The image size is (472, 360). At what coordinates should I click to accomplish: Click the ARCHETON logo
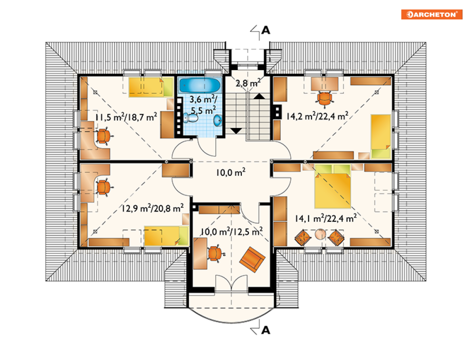click(432, 14)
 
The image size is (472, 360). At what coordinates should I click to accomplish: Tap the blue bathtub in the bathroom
click(200, 85)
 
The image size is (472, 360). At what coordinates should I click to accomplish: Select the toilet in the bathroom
click(191, 118)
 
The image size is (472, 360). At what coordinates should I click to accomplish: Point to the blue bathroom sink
click(218, 120)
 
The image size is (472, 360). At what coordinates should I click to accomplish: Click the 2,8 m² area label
click(248, 83)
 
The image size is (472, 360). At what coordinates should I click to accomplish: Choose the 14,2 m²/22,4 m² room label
click(317, 116)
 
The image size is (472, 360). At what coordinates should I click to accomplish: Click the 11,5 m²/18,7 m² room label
click(126, 117)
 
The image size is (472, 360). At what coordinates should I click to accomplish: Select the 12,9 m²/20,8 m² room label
click(153, 208)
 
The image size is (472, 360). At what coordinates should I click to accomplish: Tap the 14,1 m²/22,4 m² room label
click(326, 218)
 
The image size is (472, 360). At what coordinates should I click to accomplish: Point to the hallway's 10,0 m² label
click(231, 173)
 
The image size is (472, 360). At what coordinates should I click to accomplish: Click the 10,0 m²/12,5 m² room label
click(231, 232)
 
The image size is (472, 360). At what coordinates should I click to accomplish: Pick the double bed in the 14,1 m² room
click(333, 186)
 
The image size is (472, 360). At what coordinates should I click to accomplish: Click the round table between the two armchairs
click(320, 234)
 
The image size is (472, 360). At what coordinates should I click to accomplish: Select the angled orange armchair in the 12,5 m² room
click(252, 259)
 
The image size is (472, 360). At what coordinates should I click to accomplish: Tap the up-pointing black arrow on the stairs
click(259, 96)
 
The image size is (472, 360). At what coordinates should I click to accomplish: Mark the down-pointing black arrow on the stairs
click(236, 131)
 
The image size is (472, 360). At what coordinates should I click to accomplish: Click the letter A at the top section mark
click(266, 30)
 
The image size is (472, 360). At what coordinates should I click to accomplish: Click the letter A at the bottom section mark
click(266, 330)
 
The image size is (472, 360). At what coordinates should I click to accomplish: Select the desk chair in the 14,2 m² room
click(325, 99)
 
